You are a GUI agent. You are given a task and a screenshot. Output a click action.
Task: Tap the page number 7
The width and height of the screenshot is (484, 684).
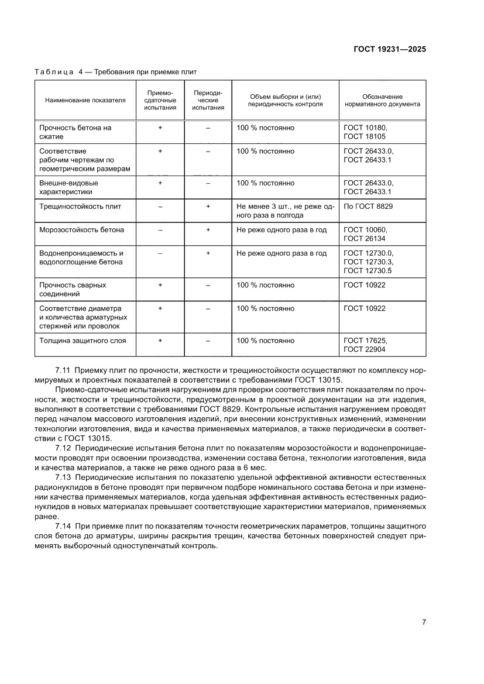(x=424, y=622)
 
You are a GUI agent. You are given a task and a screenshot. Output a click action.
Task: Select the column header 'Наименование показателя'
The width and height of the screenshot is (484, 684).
(x=85, y=100)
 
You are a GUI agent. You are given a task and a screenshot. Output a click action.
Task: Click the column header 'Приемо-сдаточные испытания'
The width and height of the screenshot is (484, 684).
(x=160, y=100)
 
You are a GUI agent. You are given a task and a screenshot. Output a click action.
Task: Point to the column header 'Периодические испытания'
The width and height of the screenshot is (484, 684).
(x=208, y=100)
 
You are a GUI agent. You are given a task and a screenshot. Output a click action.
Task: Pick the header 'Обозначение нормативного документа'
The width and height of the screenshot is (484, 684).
(x=382, y=100)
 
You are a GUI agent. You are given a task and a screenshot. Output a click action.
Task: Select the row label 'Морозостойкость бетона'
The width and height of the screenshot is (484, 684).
(x=81, y=230)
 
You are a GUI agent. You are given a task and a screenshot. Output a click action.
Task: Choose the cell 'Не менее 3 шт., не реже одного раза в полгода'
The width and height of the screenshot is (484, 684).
(x=285, y=211)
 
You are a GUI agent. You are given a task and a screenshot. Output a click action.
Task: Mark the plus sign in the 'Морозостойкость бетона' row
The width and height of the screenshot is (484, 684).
(x=208, y=230)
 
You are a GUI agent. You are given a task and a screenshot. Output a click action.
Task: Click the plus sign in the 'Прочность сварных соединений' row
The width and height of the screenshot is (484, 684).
(x=160, y=286)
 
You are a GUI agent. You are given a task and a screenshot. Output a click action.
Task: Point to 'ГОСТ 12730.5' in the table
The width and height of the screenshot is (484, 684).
(x=368, y=271)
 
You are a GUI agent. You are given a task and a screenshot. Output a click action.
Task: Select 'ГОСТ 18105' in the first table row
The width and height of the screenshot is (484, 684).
(x=365, y=137)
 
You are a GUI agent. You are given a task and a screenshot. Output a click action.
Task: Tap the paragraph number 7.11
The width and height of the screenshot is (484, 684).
(x=63, y=370)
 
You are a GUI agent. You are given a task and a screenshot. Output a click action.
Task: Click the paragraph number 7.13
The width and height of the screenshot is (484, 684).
(x=63, y=478)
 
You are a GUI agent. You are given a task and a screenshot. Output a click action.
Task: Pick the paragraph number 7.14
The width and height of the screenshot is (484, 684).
(x=63, y=526)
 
